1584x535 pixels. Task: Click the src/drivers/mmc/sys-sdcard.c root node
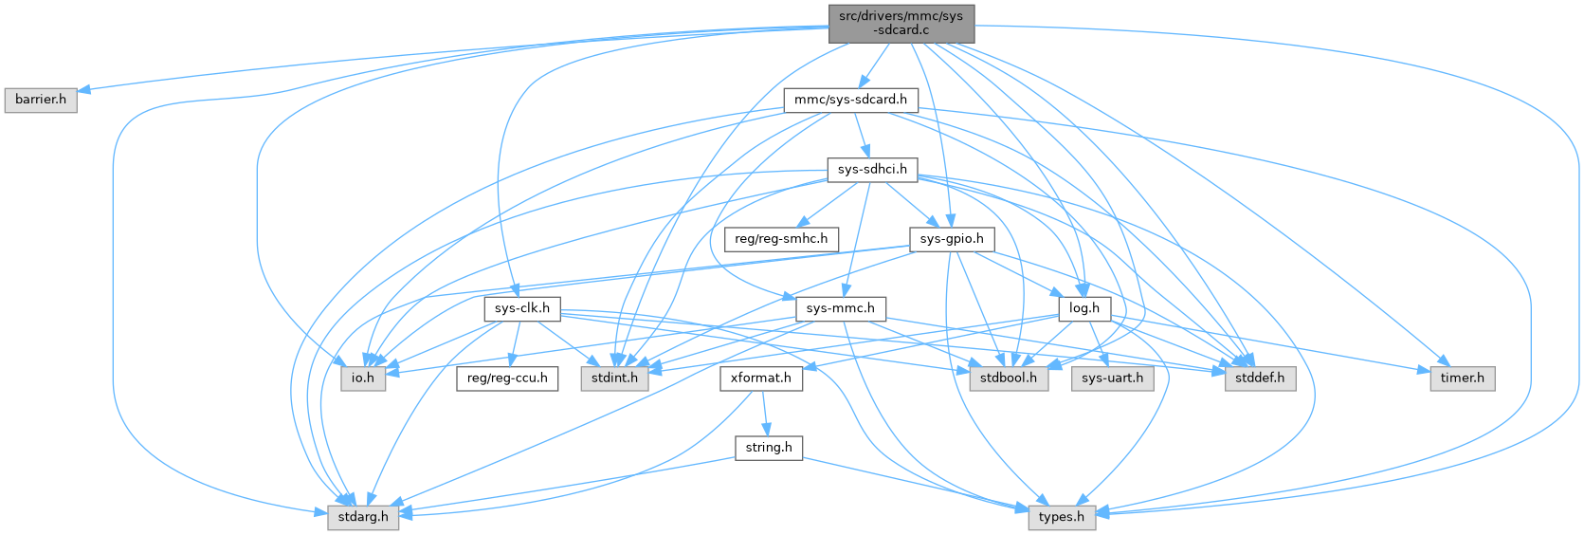(901, 23)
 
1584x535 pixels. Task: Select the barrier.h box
(41, 100)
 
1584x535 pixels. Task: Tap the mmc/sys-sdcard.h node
(850, 100)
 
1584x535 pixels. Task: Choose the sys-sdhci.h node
(872, 170)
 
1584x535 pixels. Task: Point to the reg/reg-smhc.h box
(781, 239)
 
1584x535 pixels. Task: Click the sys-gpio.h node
(952, 239)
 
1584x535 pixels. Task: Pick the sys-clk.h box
(522, 308)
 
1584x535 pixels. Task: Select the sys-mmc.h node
(841, 308)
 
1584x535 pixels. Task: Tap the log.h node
(1083, 308)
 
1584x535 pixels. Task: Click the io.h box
(363, 378)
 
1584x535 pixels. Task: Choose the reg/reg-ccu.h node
(507, 378)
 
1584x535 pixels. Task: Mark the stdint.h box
(613, 378)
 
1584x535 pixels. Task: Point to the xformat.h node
(761, 378)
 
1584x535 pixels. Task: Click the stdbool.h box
(1009, 378)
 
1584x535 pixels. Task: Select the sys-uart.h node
(1112, 378)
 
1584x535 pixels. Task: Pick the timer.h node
(1463, 378)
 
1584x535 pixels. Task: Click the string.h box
(769, 447)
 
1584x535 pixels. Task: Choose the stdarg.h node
(363, 517)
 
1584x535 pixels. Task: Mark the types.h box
(1062, 517)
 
